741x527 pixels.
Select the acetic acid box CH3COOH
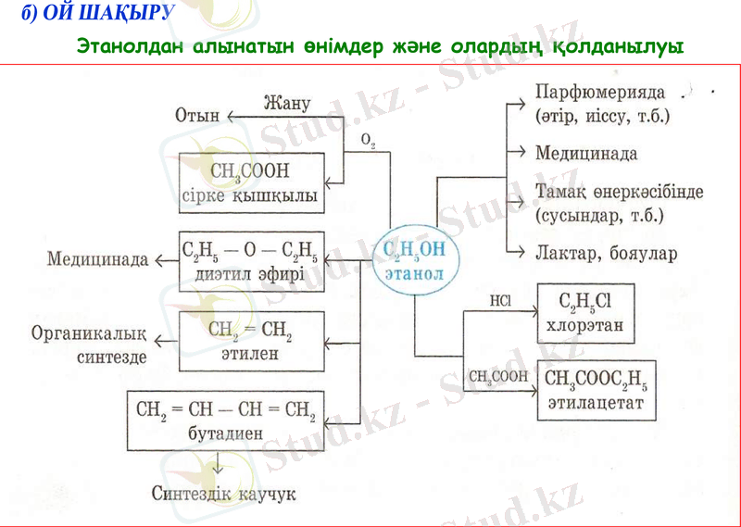click(x=250, y=182)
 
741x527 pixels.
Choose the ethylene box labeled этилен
click(x=252, y=340)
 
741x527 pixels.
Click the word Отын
click(x=197, y=116)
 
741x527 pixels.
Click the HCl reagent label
click(x=499, y=301)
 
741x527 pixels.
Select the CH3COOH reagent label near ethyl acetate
click(x=498, y=377)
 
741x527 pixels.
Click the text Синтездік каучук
click(x=223, y=494)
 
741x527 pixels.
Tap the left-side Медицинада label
click(x=97, y=259)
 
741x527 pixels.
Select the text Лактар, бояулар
click(x=606, y=252)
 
